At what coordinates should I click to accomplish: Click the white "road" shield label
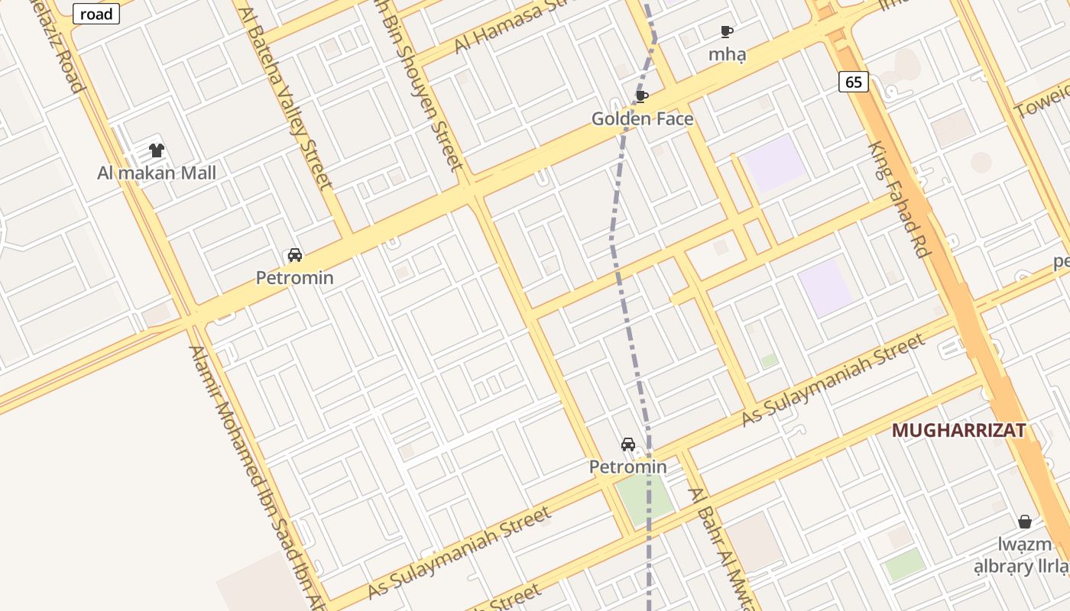click(97, 14)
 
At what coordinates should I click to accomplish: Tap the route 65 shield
click(854, 82)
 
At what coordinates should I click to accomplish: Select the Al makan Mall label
click(157, 173)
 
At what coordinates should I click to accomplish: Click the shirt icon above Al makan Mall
click(157, 150)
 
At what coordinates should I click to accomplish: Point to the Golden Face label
click(642, 118)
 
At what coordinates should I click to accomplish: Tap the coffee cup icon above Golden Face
click(642, 96)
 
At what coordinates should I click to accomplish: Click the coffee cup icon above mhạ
click(727, 31)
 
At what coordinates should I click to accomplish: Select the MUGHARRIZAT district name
click(958, 430)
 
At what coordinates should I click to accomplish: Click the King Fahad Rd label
click(899, 199)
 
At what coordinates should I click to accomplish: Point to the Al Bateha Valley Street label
click(286, 99)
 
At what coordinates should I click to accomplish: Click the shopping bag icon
click(1025, 522)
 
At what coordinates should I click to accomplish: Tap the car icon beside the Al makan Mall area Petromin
click(295, 255)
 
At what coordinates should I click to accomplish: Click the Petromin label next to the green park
click(627, 466)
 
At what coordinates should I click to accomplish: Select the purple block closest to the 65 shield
click(774, 163)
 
